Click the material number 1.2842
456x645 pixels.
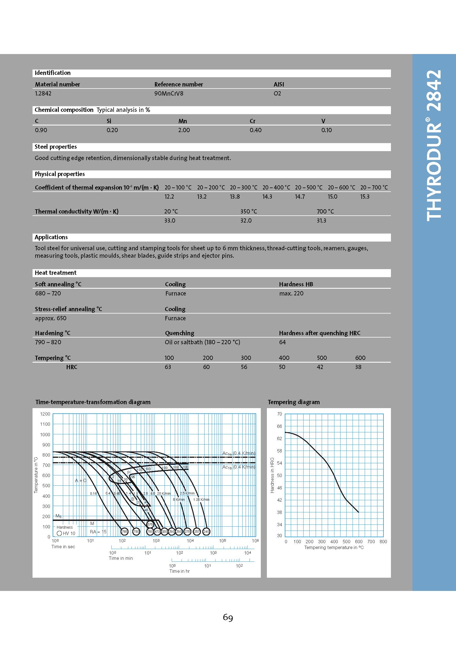[43, 93]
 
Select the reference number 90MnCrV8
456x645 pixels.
[168, 93]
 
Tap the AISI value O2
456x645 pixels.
[277, 93]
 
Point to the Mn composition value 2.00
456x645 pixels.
[184, 130]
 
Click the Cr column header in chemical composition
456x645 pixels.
[253, 121]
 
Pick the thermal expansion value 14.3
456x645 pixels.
[267, 197]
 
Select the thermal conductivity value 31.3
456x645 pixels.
[321, 221]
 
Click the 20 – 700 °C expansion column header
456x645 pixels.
[374, 187]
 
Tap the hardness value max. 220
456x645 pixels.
[291, 293]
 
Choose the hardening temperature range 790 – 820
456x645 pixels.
[48, 342]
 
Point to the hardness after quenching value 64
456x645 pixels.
[282, 342]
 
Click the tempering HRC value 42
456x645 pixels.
[320, 367]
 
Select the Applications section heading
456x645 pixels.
[51, 237]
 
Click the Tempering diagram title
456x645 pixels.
[293, 402]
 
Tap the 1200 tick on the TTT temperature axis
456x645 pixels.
[45, 414]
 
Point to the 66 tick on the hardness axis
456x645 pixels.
[279, 426]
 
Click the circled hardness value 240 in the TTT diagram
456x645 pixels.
[206, 531]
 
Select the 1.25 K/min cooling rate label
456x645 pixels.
[201, 499]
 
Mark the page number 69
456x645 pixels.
[228, 617]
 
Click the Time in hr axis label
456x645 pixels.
[179, 571]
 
